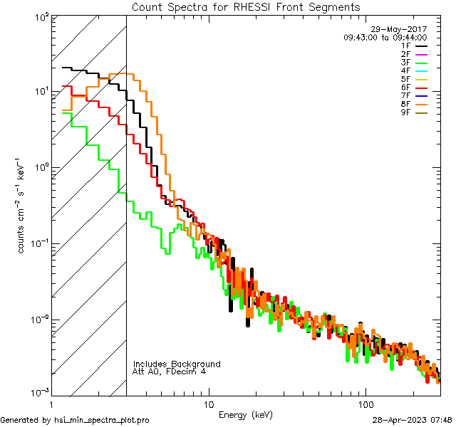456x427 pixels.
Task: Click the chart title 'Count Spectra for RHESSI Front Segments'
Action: pyautogui.click(x=246, y=7)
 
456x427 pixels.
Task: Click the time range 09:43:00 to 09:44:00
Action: pyautogui.click(x=385, y=37)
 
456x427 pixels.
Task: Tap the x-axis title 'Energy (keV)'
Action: pyautogui.click(x=245, y=414)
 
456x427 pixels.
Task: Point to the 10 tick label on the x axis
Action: pyautogui.click(x=208, y=403)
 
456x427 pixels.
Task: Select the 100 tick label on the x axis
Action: pyautogui.click(x=365, y=403)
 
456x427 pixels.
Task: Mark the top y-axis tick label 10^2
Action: pyautogui.click(x=41, y=16)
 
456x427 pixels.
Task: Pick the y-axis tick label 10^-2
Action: pyautogui.click(x=39, y=319)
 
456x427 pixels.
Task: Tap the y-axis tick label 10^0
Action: pyautogui.click(x=41, y=167)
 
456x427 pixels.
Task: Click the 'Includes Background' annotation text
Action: pyautogui.click(x=177, y=364)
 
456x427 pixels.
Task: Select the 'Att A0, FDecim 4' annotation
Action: pyautogui.click(x=169, y=371)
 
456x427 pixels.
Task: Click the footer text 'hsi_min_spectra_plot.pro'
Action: pyautogui.click(x=101, y=420)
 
